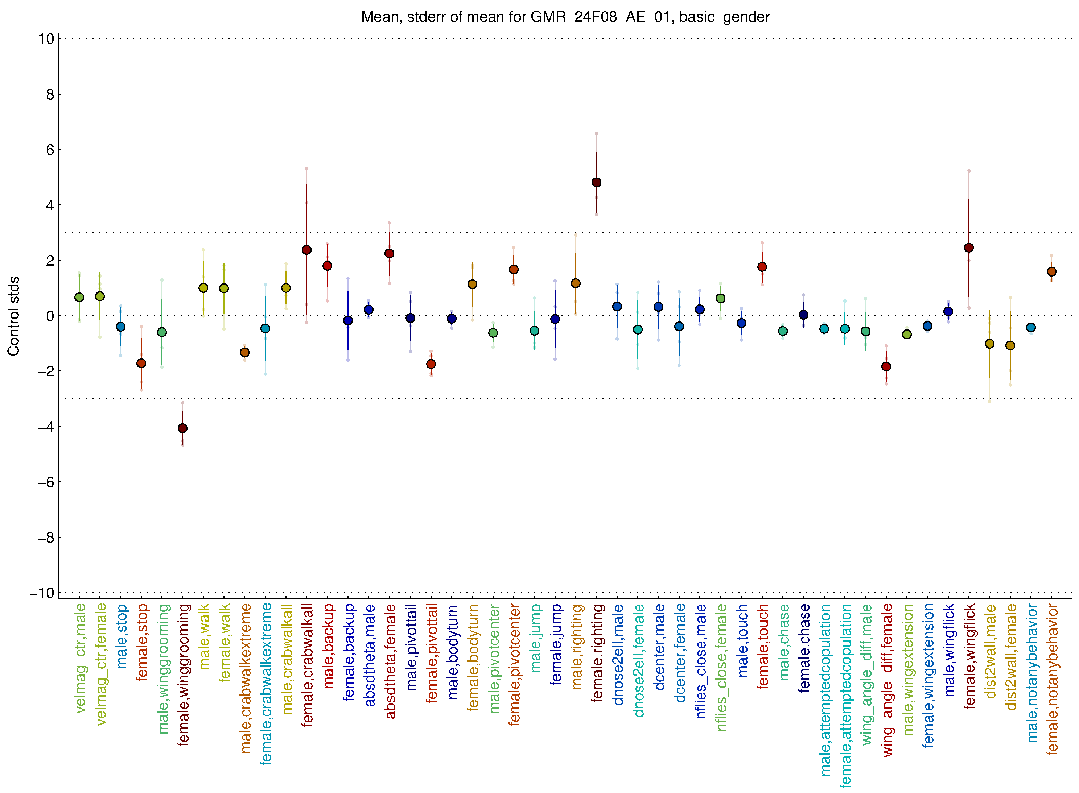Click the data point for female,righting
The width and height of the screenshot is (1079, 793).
[596, 182]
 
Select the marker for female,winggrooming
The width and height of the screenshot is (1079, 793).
[182, 428]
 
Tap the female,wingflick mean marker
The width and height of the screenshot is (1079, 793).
[969, 248]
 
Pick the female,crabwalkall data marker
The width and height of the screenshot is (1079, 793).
[306, 250]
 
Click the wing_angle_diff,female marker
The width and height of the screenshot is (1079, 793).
[886, 367]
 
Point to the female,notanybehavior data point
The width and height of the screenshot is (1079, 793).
[1051, 272]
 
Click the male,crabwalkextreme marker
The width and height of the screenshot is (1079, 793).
[244, 353]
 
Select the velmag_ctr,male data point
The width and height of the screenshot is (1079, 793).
[79, 298]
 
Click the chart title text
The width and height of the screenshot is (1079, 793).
[565, 17]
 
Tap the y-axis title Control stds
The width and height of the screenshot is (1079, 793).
[13, 316]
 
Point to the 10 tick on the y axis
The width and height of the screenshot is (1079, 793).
[46, 39]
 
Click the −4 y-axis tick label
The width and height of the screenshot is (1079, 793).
[46, 427]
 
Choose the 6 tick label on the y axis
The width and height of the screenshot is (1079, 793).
[50, 150]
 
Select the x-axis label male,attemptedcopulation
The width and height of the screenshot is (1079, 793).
[825, 690]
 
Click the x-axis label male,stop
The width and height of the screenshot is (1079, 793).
[122, 636]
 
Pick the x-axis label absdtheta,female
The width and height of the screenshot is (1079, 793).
[390, 661]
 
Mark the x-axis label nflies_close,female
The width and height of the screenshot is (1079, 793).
[721, 667]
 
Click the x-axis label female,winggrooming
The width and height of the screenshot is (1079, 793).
[183, 675]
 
